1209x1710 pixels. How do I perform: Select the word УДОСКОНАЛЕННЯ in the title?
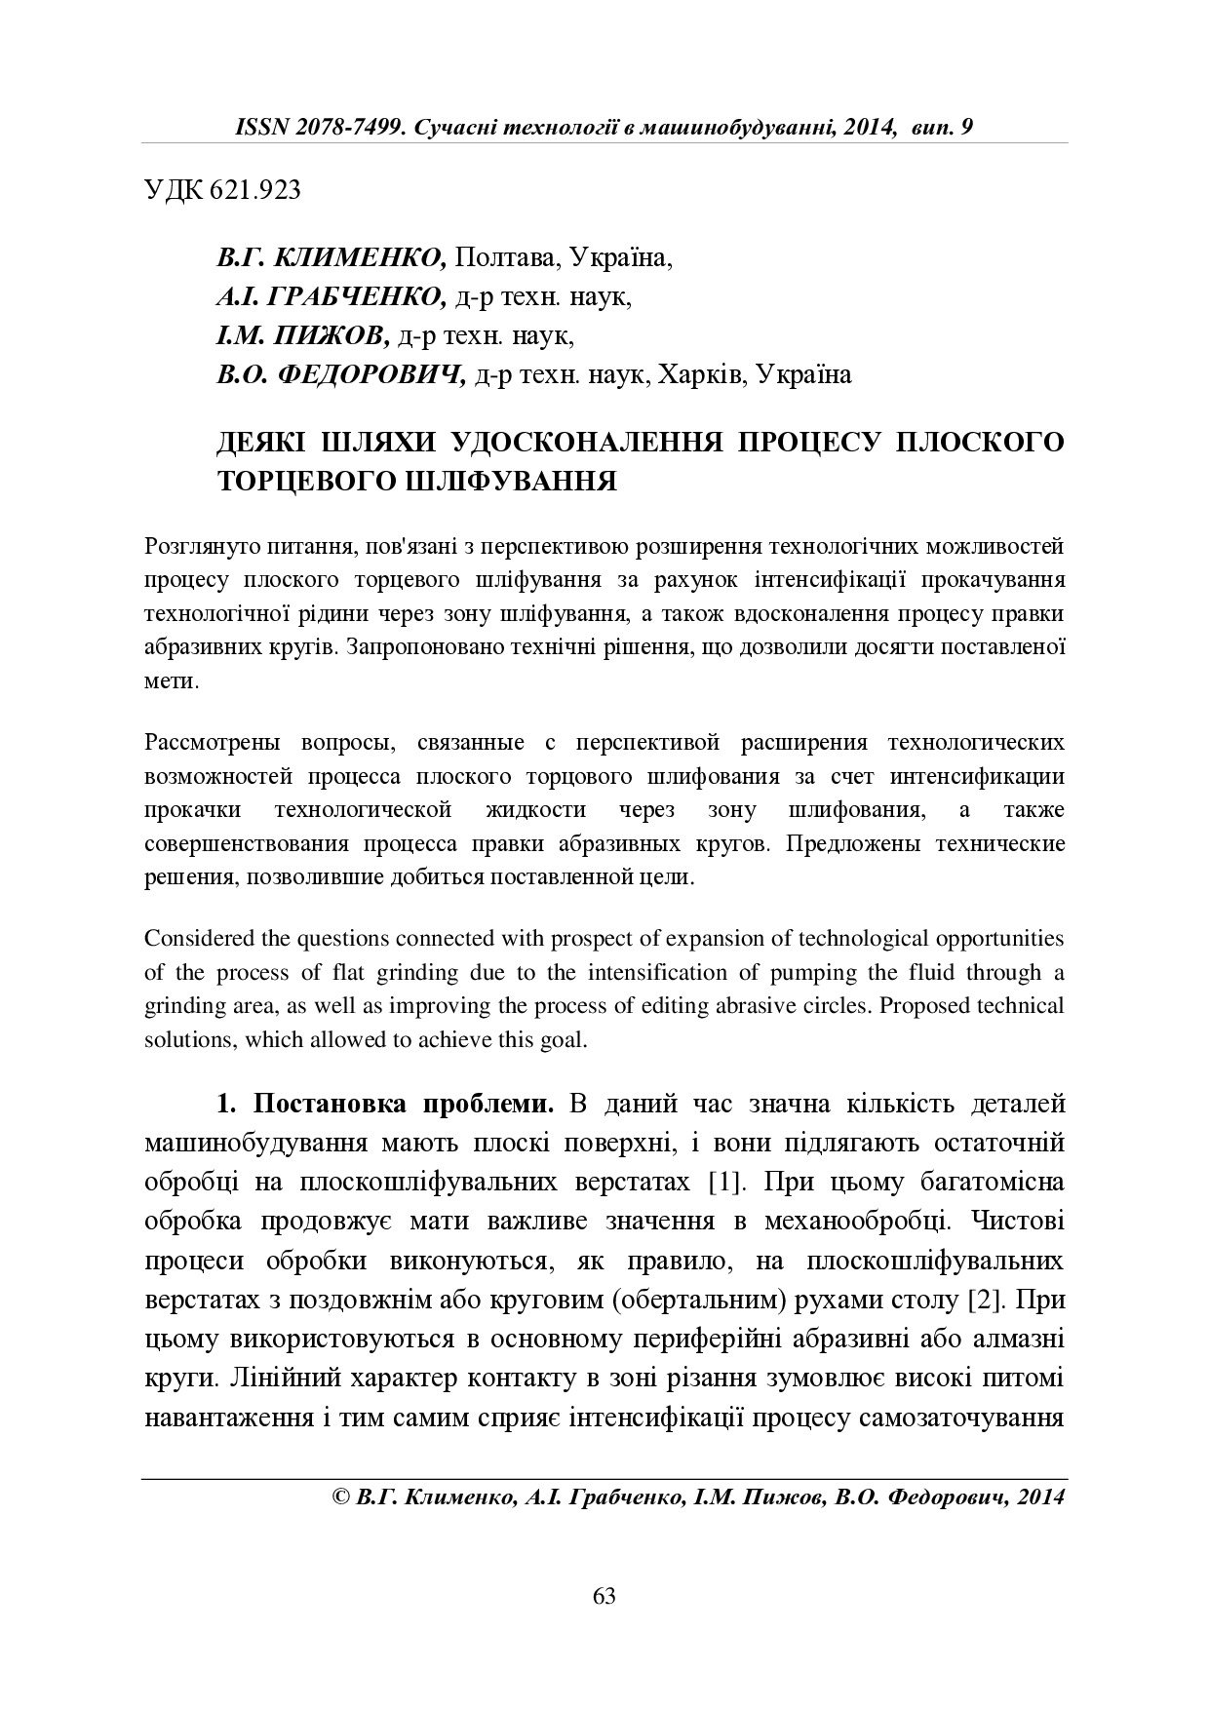point(586,441)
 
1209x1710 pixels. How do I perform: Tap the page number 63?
point(604,1596)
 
